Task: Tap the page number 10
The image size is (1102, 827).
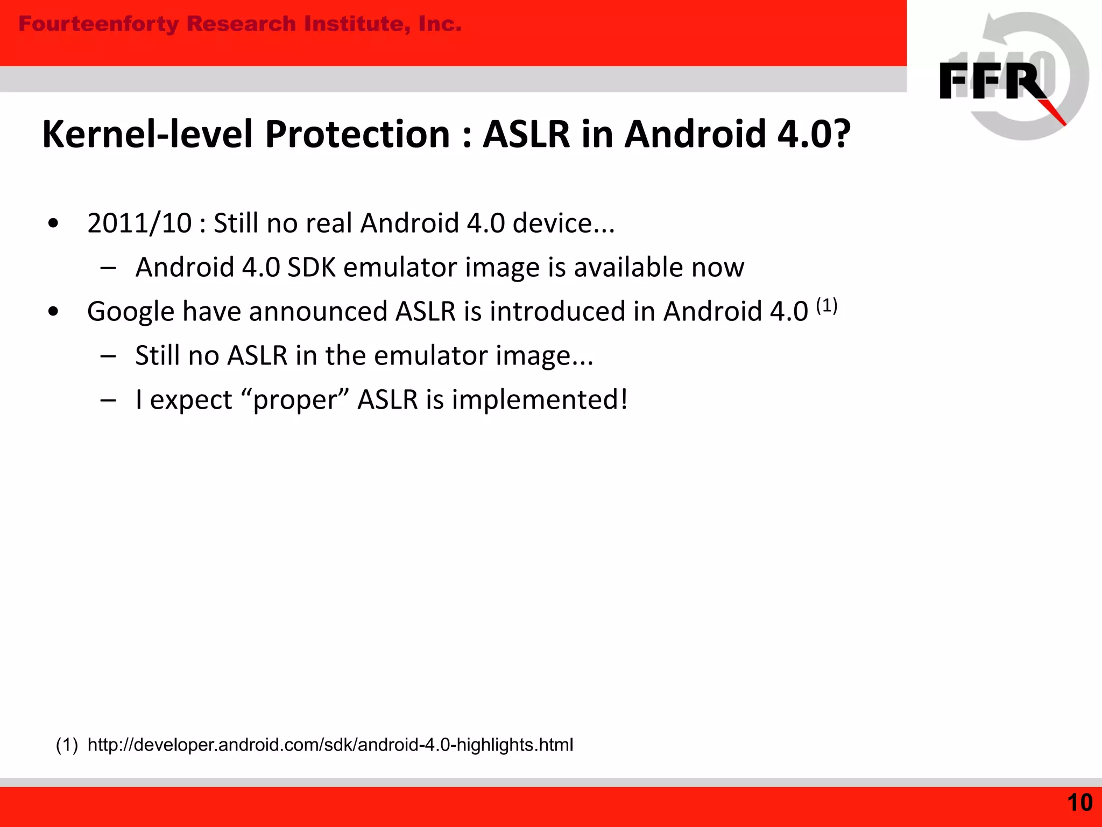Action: click(1079, 803)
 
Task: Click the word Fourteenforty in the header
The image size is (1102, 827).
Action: click(98, 24)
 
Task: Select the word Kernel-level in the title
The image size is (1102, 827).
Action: click(147, 134)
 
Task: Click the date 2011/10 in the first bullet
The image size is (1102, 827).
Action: click(139, 223)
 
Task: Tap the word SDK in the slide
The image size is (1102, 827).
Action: click(312, 268)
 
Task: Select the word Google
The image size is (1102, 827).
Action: click(131, 312)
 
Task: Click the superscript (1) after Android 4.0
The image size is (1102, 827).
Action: click(826, 306)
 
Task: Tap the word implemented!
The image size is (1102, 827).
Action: click(540, 400)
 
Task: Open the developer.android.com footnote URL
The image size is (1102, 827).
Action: click(330, 745)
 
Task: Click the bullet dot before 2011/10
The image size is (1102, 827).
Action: click(53, 223)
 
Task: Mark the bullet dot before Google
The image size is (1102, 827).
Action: click(53, 311)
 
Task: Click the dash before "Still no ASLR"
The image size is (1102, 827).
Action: click(108, 356)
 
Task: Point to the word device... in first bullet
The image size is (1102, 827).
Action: click(563, 223)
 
